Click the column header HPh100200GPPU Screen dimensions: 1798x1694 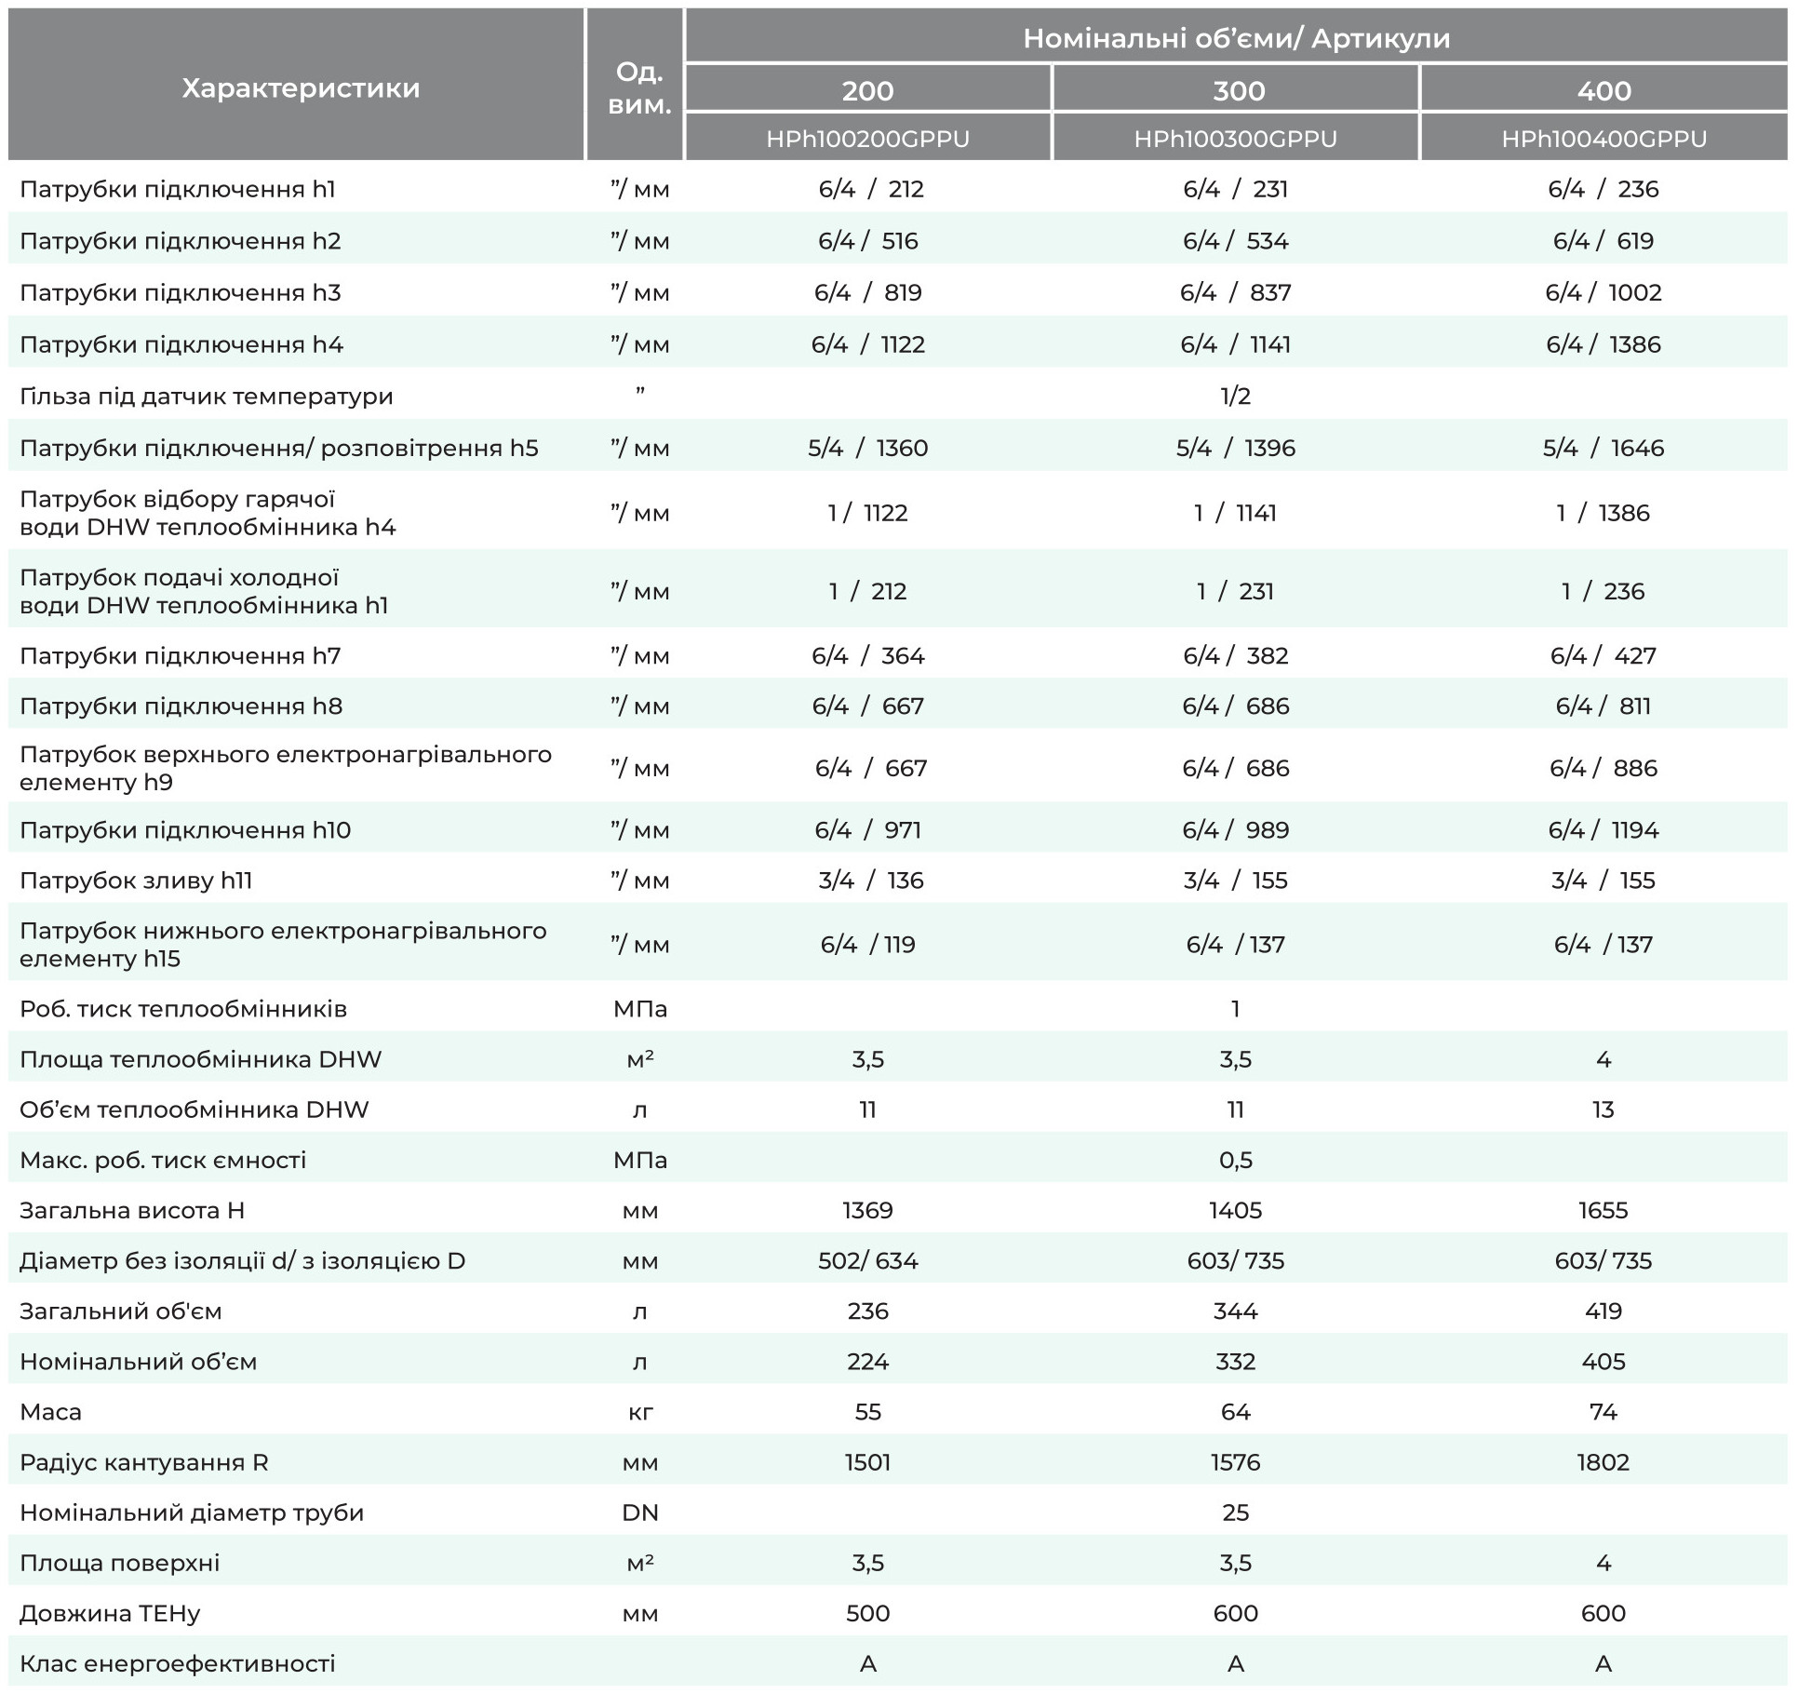pos(867,139)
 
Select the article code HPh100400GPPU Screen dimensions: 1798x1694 pos(1603,139)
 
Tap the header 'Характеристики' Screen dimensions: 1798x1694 pos(301,88)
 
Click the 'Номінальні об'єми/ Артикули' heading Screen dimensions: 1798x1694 pos(1236,38)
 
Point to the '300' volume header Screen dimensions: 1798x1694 pos(1239,90)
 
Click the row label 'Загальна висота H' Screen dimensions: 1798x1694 pos(132,1210)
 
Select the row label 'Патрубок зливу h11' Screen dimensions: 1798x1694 pos(136,881)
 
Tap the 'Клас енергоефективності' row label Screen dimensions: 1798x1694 pos(178,1663)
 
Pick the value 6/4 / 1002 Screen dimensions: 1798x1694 pos(1603,292)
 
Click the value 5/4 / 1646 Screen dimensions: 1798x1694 pos(1603,448)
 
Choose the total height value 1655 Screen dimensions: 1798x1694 pos(1603,1210)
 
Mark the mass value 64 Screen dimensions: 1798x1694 pos(1236,1412)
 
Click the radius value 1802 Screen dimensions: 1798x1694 pos(1603,1462)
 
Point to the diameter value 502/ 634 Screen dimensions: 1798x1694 pos(868,1260)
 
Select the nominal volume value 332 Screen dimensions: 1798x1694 pos(1236,1362)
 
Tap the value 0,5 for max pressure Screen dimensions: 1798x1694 pos(1236,1160)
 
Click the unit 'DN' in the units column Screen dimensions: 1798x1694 pos(640,1512)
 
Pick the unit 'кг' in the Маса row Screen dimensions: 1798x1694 pos(640,1412)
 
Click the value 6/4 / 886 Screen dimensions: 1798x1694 pos(1603,768)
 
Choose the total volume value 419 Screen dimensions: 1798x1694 pos(1603,1311)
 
